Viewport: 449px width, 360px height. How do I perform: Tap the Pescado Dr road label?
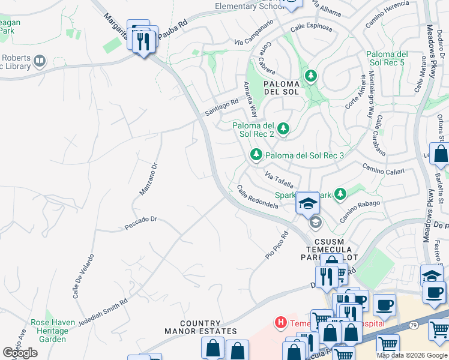[x=140, y=223]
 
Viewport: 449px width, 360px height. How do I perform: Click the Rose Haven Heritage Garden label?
[x=53, y=331]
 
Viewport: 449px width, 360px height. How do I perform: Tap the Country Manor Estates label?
[x=200, y=327]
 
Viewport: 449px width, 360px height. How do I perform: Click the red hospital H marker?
[x=280, y=323]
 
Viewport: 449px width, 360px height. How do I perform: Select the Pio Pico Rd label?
[x=277, y=245]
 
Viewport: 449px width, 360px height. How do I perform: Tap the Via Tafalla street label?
[x=279, y=179]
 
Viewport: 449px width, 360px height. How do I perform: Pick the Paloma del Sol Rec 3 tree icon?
[x=256, y=155]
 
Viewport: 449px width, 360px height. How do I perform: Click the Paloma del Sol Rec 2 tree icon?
[x=282, y=128]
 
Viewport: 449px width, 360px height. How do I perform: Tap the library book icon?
[x=40, y=61]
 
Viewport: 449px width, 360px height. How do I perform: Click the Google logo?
[x=20, y=353]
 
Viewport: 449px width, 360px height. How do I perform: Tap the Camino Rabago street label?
[x=360, y=212]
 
